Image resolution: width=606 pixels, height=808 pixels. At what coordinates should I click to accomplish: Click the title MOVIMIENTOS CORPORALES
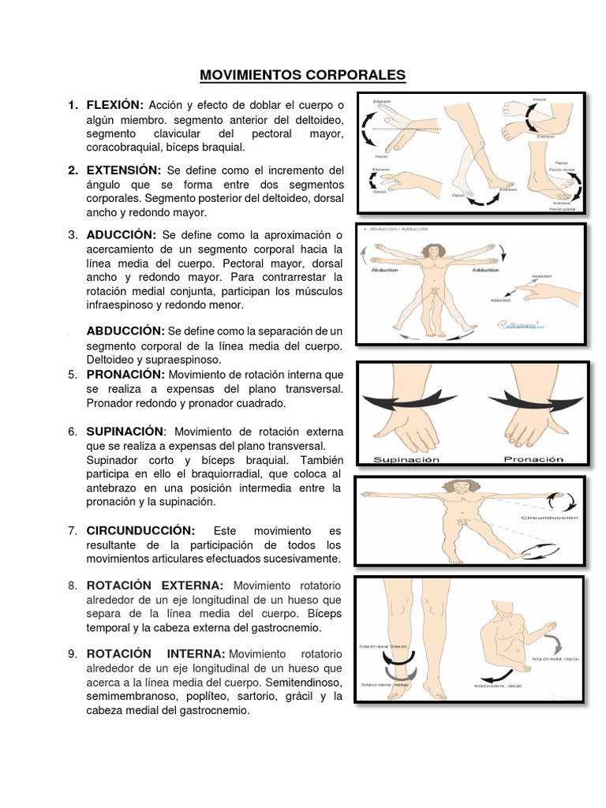point(302,75)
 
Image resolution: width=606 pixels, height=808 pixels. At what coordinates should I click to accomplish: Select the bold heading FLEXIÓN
point(115,105)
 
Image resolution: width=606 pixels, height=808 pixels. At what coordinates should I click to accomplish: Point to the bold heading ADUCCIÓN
point(118,235)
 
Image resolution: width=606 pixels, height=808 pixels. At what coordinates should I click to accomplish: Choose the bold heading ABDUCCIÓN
point(125,330)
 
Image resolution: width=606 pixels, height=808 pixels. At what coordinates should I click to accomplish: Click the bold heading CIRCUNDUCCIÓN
point(140,531)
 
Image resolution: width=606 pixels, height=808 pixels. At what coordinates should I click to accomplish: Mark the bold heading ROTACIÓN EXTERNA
point(155,585)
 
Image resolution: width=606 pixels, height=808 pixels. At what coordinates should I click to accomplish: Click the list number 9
point(72,654)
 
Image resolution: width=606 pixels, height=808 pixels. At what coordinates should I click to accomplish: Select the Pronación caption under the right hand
point(534,458)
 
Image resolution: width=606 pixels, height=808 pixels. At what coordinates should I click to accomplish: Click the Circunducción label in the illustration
point(549,518)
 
